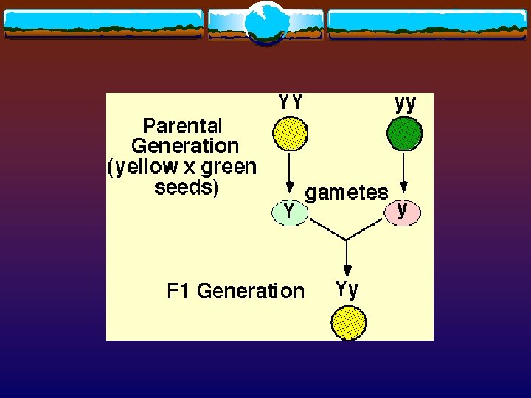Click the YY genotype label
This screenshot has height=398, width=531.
290,102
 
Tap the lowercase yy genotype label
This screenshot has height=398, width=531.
405,103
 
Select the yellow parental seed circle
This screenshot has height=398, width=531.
290,134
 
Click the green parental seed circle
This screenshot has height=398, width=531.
405,134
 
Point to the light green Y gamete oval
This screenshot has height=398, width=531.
290,212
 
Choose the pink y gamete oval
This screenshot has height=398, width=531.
402,212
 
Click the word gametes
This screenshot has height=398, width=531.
347,193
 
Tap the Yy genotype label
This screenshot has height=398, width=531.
347,289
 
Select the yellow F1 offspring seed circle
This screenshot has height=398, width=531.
348,322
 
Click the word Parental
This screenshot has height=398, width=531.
182,125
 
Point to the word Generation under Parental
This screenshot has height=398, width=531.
185,146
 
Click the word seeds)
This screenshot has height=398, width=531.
187,187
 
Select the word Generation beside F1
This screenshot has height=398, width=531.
251,291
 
